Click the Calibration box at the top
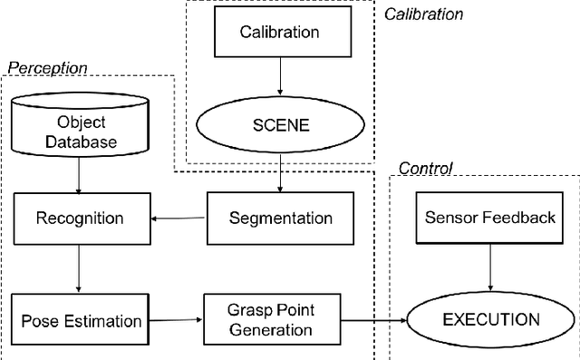[x=279, y=33]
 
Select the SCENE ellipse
[x=279, y=124]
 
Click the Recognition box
[x=80, y=219]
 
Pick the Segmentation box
[x=280, y=219]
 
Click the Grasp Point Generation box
[x=270, y=320]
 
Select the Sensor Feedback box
[x=489, y=219]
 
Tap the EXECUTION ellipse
[x=489, y=319]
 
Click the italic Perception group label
[x=47, y=68]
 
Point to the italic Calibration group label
[x=423, y=14]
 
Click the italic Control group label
[x=425, y=169]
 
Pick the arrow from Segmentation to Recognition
[x=179, y=219]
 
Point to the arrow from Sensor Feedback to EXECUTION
[x=489, y=268]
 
